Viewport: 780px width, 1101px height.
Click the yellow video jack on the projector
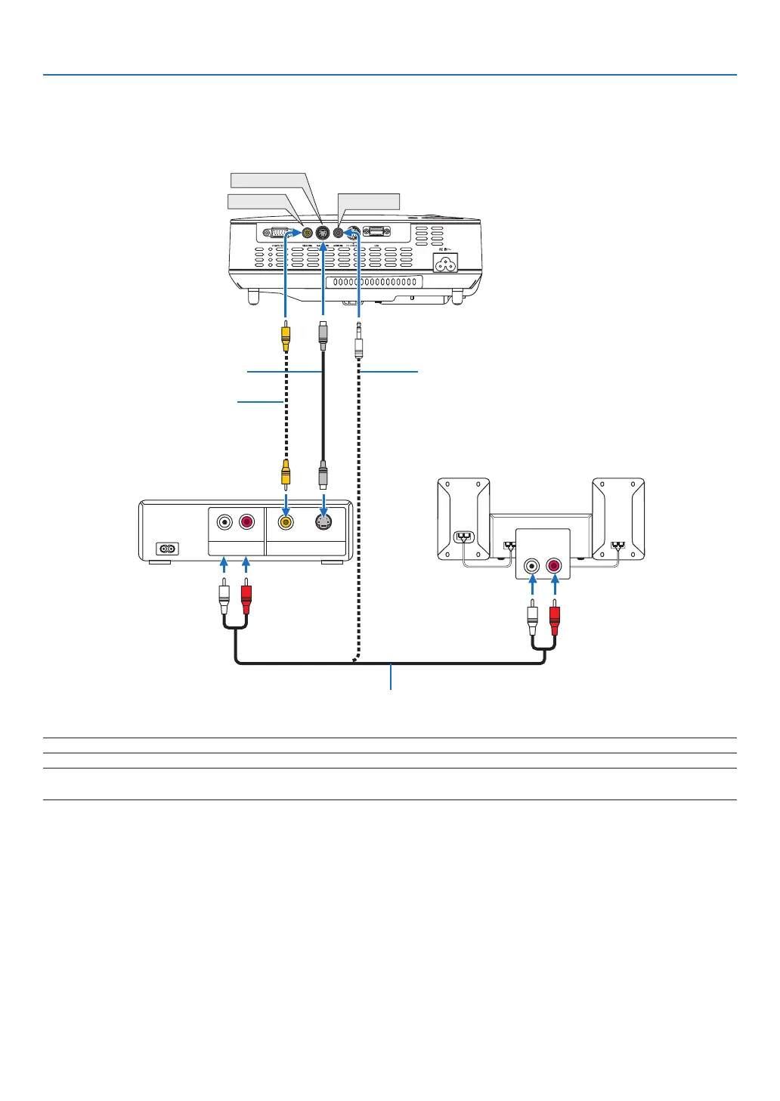[307, 233]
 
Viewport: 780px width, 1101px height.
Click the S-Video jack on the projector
[322, 233]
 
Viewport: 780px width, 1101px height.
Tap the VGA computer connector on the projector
[277, 233]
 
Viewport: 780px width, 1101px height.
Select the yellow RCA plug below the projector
[285, 336]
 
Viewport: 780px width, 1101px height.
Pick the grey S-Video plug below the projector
[323, 335]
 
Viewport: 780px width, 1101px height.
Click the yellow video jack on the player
[285, 522]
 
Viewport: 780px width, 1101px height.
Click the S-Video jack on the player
[323, 522]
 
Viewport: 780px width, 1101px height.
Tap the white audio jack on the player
[224, 522]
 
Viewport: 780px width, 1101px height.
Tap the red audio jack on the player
[246, 522]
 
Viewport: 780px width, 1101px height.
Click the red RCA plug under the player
[245, 597]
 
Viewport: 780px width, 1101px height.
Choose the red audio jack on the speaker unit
[555, 564]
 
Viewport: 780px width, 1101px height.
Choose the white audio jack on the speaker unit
[533, 564]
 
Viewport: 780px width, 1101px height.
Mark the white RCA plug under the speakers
[533, 617]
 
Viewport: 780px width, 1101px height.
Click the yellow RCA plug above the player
[285, 472]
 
